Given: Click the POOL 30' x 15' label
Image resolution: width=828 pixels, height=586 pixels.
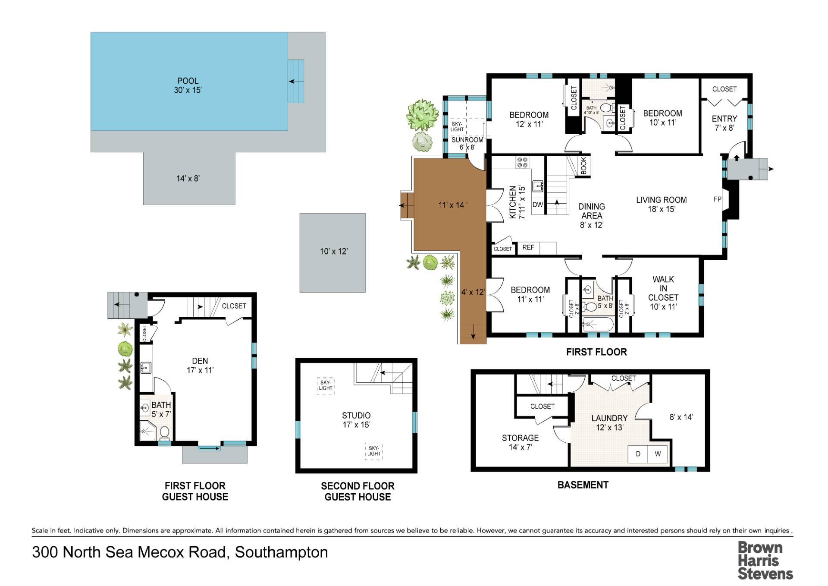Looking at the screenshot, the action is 188,85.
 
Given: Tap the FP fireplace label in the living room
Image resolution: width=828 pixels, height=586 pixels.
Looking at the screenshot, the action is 718,199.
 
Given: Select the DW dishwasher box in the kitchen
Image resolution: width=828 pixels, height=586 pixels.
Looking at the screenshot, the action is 537,205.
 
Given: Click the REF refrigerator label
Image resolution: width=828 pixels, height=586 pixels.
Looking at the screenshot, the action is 528,247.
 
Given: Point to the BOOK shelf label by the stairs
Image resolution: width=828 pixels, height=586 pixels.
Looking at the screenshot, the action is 583,166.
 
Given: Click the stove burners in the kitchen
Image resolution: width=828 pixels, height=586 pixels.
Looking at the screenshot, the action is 523,162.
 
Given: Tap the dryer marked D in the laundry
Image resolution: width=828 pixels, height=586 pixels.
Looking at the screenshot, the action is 638,454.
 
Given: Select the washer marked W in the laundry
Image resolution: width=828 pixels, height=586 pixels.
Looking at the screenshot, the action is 658,454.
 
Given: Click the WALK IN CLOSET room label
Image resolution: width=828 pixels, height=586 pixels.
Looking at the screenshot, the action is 663,293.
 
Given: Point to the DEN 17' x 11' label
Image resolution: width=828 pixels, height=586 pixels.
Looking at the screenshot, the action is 200,365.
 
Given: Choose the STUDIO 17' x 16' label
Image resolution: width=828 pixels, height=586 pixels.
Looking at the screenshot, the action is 356,420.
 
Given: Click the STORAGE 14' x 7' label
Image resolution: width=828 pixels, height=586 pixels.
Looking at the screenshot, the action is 520,442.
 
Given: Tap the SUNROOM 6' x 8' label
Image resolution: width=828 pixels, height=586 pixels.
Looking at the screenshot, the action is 467,143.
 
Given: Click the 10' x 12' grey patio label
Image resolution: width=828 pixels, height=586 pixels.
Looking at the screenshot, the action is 334,251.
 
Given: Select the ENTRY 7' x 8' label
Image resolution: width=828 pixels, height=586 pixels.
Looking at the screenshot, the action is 724,123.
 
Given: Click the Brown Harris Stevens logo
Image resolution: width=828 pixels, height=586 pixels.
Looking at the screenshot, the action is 765,561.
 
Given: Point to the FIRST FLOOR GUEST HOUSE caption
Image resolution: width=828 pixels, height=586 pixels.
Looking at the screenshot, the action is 195,491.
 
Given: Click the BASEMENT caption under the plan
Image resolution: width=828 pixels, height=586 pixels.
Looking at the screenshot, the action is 583,485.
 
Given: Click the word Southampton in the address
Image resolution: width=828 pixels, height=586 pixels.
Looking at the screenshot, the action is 281,553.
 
